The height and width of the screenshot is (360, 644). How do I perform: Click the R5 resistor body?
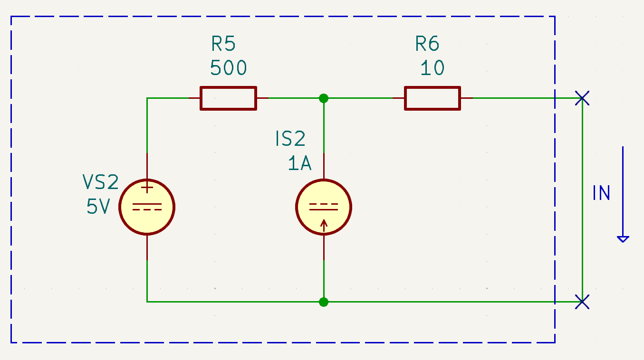[x=228, y=98]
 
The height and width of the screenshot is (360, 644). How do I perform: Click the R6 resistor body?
[x=433, y=98]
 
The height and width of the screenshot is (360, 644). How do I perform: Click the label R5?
[x=223, y=44]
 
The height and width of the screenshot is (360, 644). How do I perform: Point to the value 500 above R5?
[x=228, y=68]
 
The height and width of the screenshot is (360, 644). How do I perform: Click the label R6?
[x=427, y=44]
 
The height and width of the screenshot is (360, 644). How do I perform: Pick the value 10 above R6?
[x=433, y=68]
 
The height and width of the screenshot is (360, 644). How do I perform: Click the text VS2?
[x=101, y=182]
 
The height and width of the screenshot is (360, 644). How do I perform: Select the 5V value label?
[x=98, y=206]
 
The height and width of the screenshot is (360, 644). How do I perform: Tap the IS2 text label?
[x=290, y=139]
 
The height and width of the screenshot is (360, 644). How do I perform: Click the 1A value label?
[x=299, y=163]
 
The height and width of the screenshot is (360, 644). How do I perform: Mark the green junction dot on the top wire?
[x=324, y=98]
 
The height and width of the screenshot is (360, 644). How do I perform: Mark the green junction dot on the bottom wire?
[x=324, y=302]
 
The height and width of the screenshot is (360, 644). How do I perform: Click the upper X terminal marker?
[x=582, y=98]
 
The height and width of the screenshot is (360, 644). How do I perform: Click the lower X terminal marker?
[x=582, y=302]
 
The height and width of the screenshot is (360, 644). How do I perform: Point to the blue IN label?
[x=601, y=193]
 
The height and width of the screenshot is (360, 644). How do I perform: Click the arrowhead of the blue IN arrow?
[x=623, y=239]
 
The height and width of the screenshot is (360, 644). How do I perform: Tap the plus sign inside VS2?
[x=147, y=188]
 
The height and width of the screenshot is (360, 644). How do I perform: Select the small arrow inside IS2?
[x=324, y=226]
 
